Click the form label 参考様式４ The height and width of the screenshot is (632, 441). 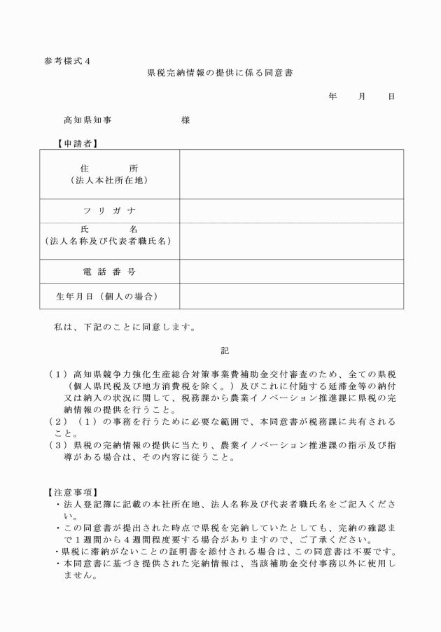67,61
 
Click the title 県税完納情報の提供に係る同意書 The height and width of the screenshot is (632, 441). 220,73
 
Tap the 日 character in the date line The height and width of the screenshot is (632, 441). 391,97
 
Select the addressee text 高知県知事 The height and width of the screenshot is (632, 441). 87,120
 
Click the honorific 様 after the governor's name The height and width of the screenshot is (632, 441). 185,120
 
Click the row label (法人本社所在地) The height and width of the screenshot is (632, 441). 109,180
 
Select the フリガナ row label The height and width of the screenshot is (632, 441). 109,211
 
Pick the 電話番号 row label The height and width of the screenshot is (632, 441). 109,271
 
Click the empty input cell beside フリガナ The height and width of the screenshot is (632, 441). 291,211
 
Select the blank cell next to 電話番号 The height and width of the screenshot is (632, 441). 291,271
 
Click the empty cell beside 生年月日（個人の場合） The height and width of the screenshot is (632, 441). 291,296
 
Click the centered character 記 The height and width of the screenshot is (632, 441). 225,349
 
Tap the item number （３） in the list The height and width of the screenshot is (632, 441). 58,445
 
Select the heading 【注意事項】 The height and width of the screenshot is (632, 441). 72,492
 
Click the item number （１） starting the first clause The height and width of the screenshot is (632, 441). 58,374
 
